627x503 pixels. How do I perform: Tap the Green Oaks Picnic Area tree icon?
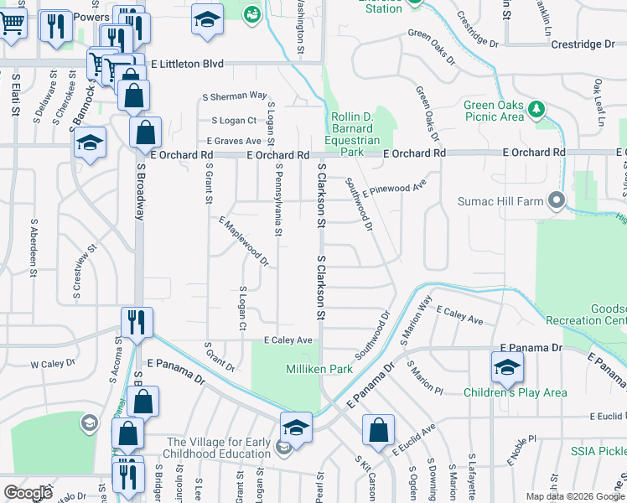[536, 109]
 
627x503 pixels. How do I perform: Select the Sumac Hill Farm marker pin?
[555, 200]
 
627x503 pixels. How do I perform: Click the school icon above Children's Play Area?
[507, 367]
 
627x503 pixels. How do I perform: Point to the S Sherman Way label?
[239, 96]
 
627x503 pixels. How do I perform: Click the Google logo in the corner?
[28, 492]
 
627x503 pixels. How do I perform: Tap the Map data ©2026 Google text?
[574, 496]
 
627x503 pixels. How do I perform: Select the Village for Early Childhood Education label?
[220, 449]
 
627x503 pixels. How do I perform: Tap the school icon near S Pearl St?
[295, 428]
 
